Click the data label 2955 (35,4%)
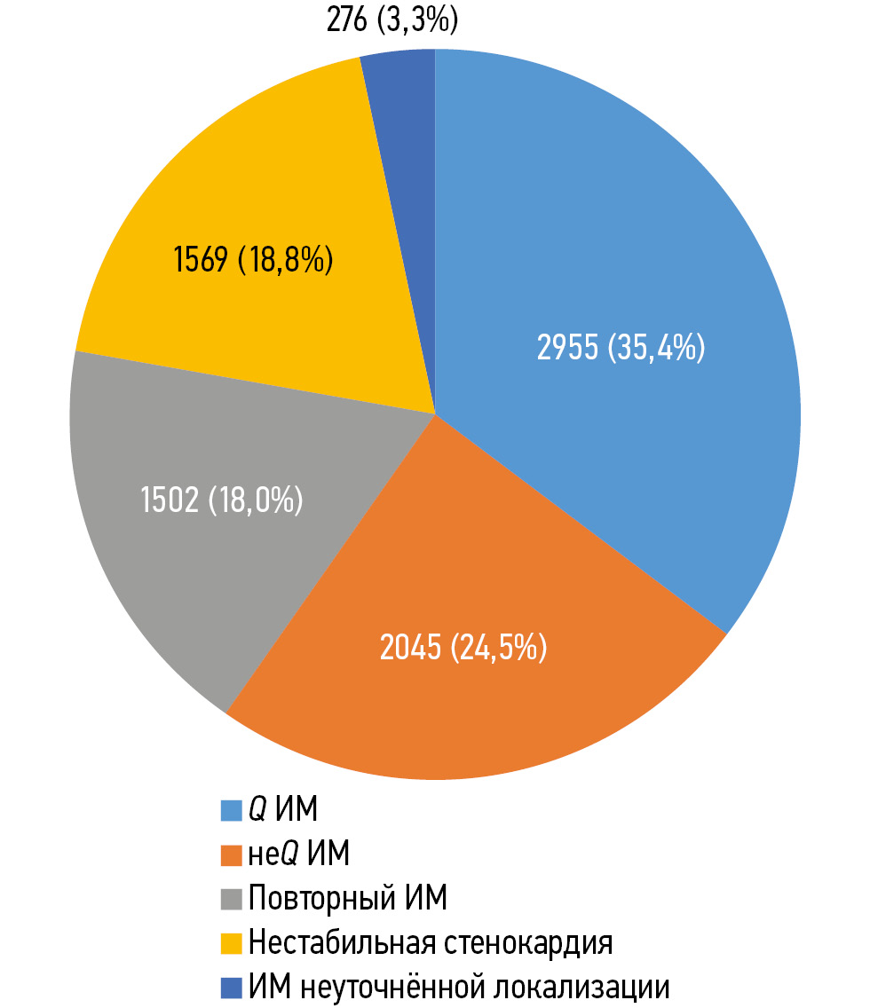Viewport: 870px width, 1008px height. coord(621,347)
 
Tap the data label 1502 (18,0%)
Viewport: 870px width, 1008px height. coord(222,500)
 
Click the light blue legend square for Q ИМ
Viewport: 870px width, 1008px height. coord(232,810)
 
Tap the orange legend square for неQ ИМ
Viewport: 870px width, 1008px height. coord(232,854)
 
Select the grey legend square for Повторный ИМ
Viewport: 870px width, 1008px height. coord(232,899)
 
